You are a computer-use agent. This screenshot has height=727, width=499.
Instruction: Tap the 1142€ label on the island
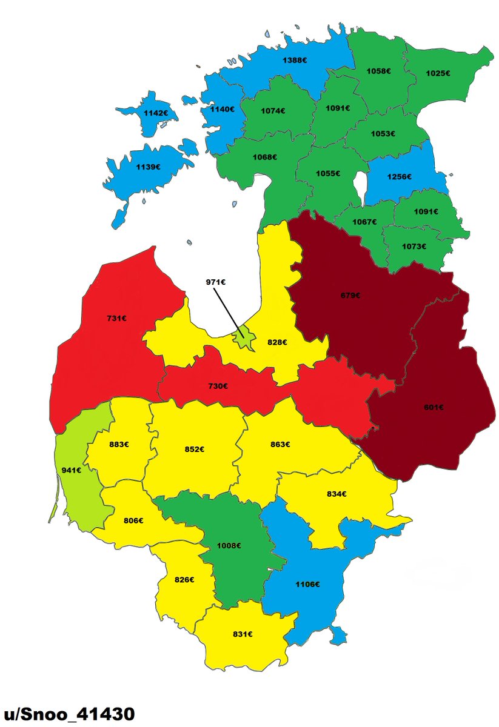tap(155, 113)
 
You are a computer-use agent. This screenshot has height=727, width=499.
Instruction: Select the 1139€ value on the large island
tap(148, 167)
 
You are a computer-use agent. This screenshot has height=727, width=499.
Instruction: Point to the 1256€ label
tap(400, 177)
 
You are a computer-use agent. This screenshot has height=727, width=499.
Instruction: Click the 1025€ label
tap(438, 73)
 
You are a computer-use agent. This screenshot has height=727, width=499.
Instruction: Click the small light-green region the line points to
tap(244, 332)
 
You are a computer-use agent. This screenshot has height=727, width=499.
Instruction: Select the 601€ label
tap(433, 407)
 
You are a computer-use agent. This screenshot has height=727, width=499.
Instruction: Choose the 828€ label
tap(277, 342)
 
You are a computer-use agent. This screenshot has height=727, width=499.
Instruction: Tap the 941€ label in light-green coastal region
tap(72, 470)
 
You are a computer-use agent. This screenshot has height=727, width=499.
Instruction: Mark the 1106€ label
tap(307, 584)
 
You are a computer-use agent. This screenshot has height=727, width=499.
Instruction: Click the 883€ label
tap(118, 444)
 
